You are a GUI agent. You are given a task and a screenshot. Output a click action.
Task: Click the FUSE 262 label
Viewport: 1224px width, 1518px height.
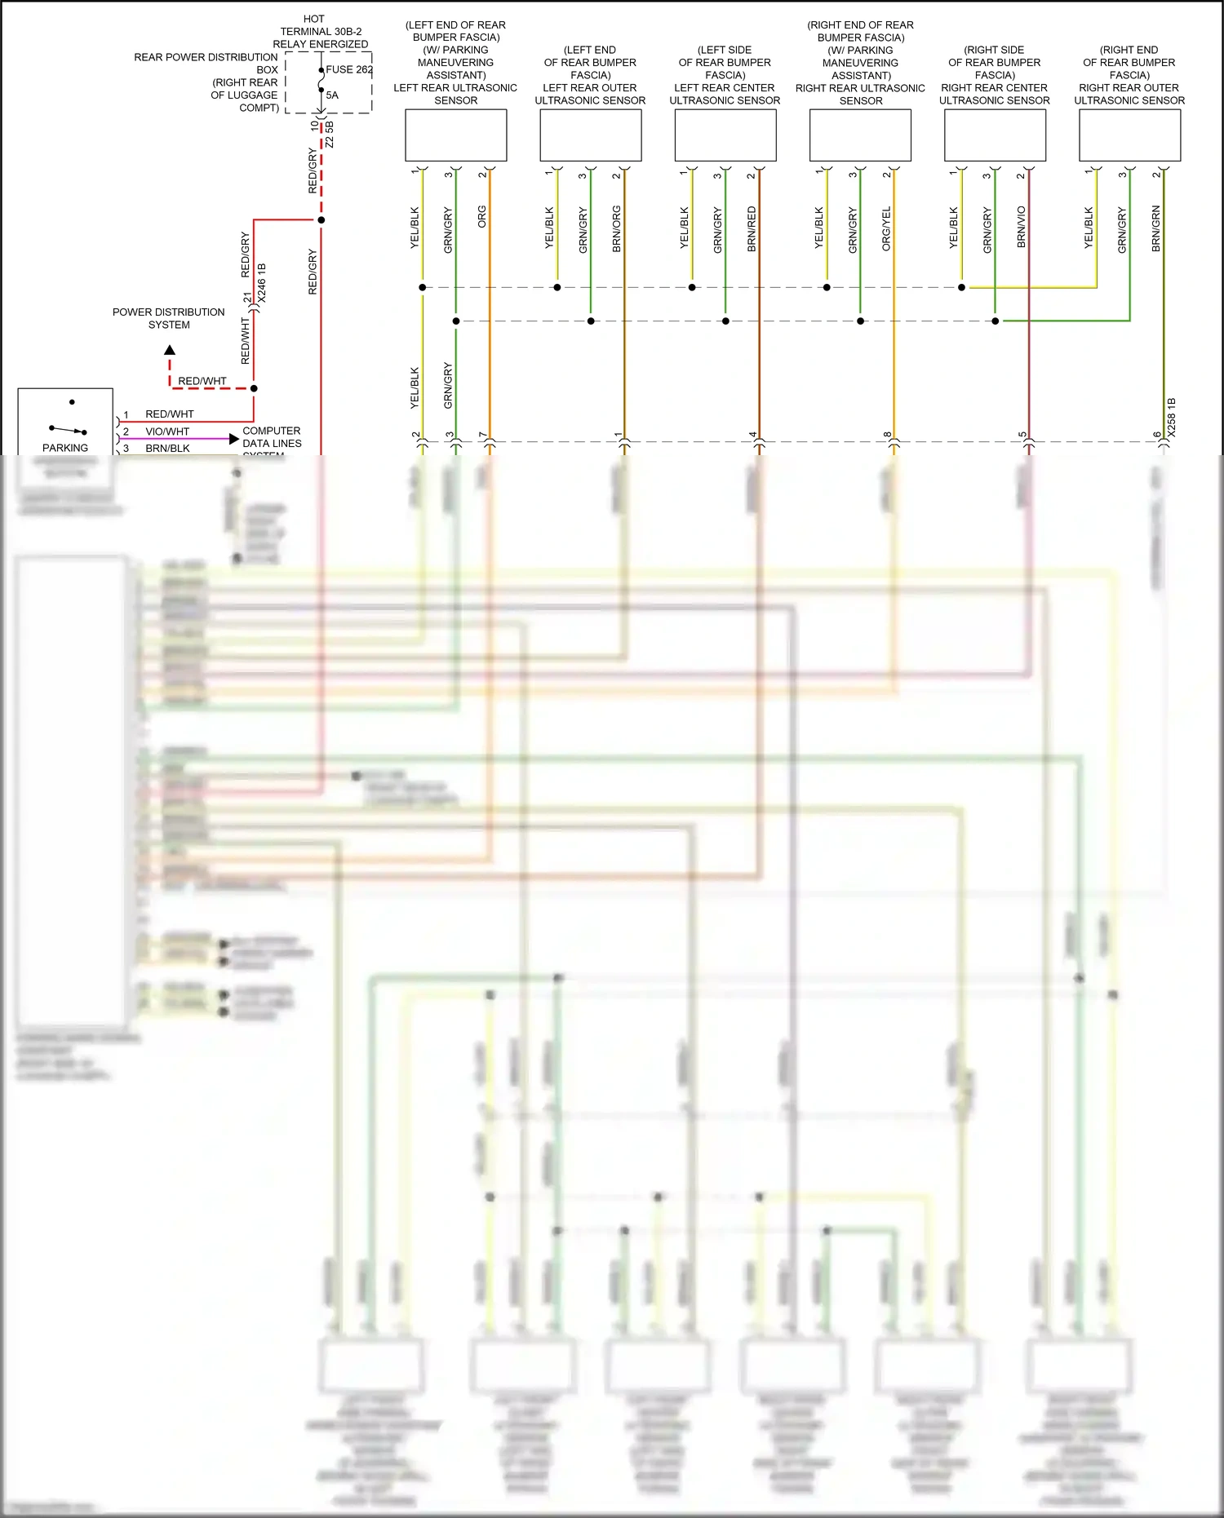pos(349,69)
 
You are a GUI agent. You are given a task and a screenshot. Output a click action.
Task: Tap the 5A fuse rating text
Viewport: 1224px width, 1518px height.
pos(332,95)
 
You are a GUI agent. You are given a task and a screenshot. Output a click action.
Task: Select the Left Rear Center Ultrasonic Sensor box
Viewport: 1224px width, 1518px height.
pos(725,135)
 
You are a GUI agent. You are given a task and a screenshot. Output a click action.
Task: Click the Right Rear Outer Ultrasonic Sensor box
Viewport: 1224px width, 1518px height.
pos(1129,135)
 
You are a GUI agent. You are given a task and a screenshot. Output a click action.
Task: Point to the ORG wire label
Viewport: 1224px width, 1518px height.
pos(482,217)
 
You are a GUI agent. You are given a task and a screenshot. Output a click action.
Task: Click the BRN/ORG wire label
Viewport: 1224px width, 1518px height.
pos(617,228)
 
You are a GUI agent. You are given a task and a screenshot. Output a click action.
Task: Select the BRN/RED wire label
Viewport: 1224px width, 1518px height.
pos(752,228)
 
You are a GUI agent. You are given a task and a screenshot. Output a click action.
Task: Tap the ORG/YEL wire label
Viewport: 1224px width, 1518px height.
pos(887,228)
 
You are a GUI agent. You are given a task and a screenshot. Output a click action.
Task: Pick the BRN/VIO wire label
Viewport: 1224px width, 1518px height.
pos(1022,228)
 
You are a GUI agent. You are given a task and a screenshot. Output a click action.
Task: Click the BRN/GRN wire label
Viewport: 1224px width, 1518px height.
pos(1156,228)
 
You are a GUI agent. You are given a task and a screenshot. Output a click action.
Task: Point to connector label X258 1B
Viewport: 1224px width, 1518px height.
pos(1172,418)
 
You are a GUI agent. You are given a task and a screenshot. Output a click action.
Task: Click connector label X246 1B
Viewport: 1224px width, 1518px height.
pos(262,283)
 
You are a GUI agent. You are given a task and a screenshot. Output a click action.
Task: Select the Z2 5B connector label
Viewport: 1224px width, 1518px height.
pos(330,135)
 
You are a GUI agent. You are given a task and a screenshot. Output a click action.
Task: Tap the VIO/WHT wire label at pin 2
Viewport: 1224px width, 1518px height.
pos(167,432)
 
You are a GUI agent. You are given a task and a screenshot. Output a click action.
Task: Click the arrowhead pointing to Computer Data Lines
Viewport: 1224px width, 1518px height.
pos(234,439)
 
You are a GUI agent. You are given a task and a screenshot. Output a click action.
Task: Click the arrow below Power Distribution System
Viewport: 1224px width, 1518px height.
pos(170,351)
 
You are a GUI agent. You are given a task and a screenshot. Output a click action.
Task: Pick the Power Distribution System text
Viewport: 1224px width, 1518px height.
pos(169,318)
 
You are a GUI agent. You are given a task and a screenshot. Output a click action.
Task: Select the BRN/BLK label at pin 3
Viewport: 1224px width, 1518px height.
pos(167,449)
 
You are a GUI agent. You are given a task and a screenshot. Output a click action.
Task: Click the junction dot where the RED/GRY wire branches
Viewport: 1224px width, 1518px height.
pos(322,220)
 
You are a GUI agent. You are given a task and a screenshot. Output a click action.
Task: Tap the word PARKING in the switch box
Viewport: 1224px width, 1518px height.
pos(65,448)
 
